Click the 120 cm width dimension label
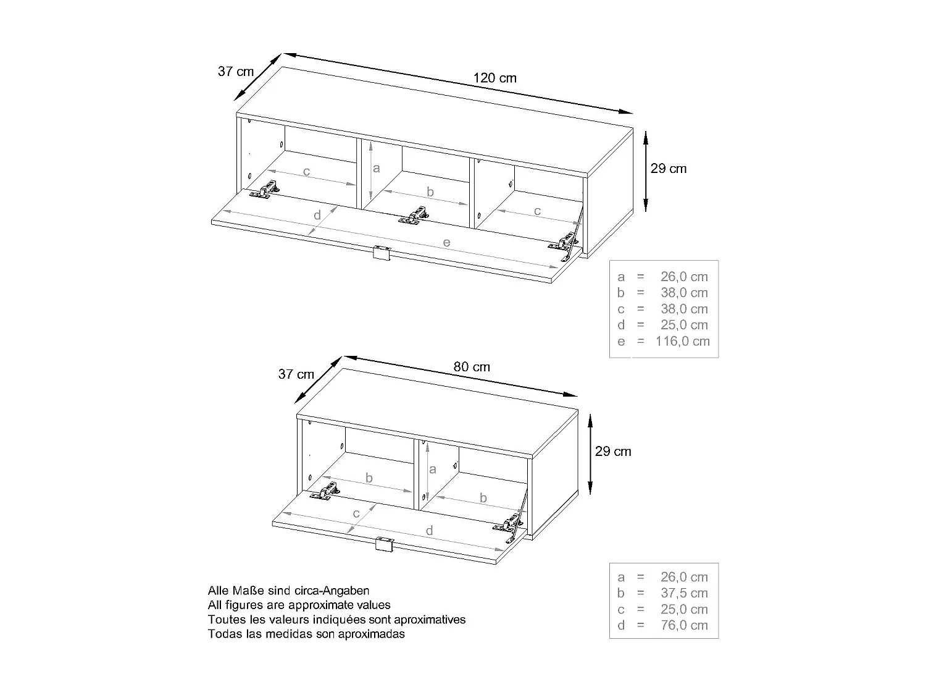point(494,78)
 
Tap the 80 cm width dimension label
point(472,367)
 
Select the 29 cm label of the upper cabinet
point(669,169)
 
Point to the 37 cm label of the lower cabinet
point(296,374)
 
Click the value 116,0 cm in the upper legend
point(683,341)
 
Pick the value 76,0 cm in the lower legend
point(684,625)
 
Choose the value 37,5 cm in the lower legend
point(684,593)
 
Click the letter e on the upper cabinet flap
point(446,242)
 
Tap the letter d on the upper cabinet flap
point(317,215)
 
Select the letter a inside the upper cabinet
point(377,168)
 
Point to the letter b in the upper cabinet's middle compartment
point(430,192)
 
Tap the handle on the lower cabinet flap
point(385,544)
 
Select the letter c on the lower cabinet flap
point(356,513)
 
